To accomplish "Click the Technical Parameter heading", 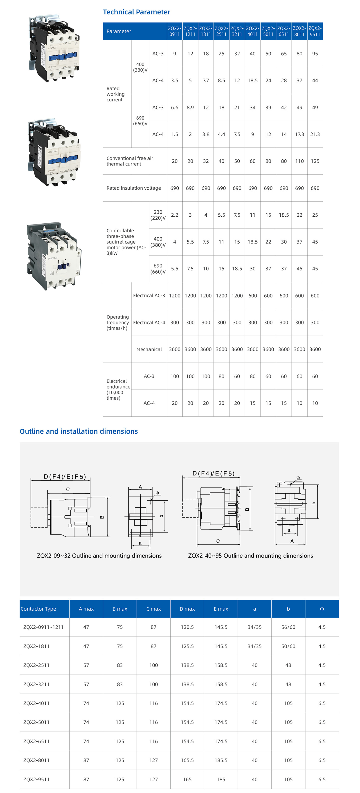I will click(x=136, y=12).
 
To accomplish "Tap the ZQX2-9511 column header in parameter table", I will click(x=315, y=31).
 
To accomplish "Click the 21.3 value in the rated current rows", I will click(x=315, y=134).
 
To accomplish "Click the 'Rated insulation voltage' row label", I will click(x=134, y=188).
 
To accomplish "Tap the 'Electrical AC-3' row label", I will click(x=149, y=296).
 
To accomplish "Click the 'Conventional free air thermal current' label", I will click(x=130, y=161).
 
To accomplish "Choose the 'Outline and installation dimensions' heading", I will click(x=79, y=431).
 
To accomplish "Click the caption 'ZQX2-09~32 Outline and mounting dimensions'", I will click(x=99, y=556).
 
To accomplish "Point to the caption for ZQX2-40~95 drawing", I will click(x=250, y=556).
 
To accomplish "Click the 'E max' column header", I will click(x=221, y=609).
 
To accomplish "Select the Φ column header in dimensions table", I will click(x=322, y=609).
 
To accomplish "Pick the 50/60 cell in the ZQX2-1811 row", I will click(x=288, y=646).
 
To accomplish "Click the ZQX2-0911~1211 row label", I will click(x=43, y=627).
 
